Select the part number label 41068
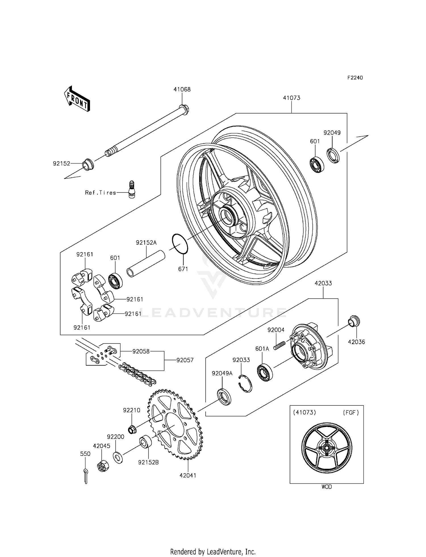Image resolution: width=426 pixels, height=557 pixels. pyautogui.click(x=182, y=89)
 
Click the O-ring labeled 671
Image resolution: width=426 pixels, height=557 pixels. pyautogui.click(x=180, y=244)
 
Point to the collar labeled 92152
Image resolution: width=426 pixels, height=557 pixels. pyautogui.click(x=88, y=165)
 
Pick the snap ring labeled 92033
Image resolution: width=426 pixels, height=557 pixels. pyautogui.click(x=245, y=384)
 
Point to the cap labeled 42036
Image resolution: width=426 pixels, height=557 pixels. pyautogui.click(x=354, y=321)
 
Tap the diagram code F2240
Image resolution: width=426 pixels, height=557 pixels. pyautogui.click(x=355, y=78)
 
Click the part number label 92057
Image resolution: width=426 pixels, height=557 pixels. pyautogui.click(x=185, y=360)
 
